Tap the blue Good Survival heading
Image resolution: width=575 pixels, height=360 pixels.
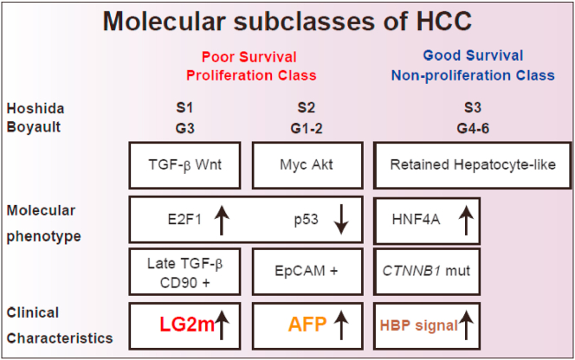coord(472,57)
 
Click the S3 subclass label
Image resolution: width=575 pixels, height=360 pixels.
coord(472,109)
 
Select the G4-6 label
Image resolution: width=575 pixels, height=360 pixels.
coord(472,127)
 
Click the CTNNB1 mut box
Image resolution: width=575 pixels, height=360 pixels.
coord(426,270)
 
